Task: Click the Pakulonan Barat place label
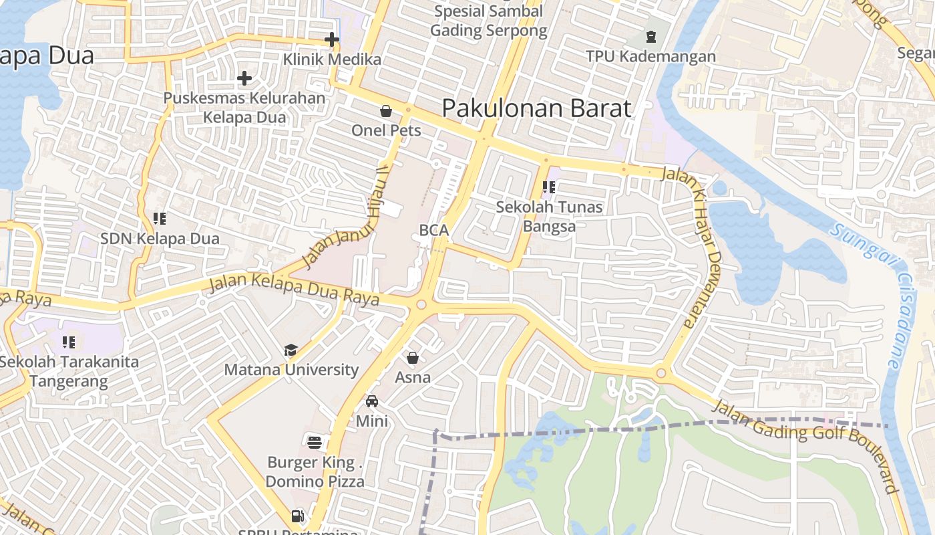coord(536,108)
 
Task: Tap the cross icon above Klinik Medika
coord(332,39)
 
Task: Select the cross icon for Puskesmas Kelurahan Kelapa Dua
coord(244,78)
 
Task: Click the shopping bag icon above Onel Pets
coord(386,110)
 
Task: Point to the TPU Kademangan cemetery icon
coord(651,37)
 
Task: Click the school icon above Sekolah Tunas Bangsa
coord(549,187)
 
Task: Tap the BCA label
coord(433,230)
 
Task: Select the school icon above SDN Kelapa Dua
coord(160,218)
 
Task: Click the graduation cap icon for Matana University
coord(291,350)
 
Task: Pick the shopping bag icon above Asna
coord(413,358)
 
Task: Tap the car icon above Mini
coord(372,401)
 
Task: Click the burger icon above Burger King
coord(315,441)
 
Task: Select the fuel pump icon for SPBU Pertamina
coord(298,516)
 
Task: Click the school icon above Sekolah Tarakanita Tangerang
coord(69,342)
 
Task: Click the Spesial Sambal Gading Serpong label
coord(488,21)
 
